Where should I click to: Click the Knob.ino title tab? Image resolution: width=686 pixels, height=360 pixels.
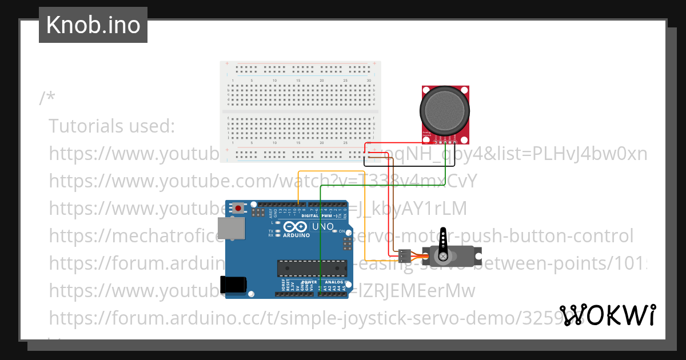point(93,25)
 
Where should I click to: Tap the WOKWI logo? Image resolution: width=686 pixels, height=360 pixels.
point(607,315)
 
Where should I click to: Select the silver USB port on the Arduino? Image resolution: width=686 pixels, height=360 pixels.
point(232,228)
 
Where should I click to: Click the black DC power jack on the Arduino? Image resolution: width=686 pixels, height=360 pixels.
point(234,284)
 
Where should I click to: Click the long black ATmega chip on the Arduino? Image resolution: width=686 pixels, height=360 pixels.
point(312,267)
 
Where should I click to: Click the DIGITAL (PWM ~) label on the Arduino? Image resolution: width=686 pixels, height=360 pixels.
point(318,216)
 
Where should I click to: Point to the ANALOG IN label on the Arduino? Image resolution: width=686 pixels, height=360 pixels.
point(334,282)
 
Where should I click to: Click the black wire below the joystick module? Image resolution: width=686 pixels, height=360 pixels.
point(409,166)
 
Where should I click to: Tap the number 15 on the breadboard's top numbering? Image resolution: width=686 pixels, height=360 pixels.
point(298,81)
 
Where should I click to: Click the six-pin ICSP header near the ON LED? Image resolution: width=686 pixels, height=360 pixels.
point(346,245)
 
